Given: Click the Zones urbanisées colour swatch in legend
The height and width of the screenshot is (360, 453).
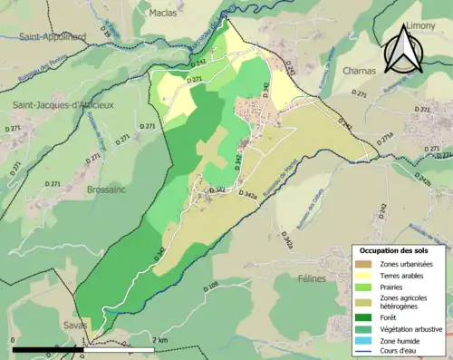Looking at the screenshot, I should (363, 263).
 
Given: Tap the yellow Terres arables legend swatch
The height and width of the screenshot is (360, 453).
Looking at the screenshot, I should (363, 275).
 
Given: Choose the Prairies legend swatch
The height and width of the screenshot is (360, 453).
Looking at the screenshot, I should (363, 287).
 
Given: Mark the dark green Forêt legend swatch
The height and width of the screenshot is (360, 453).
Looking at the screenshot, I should (363, 317).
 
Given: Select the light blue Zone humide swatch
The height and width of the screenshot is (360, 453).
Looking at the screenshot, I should (363, 341).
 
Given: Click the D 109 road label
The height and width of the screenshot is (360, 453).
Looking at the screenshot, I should (213, 288).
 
